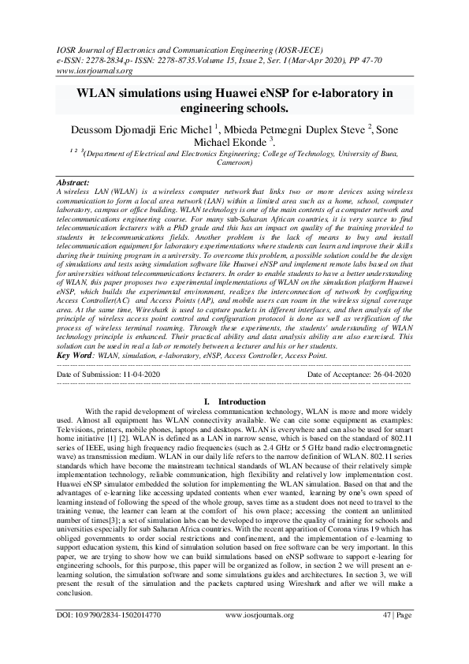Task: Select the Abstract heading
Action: pyautogui.click(x=74, y=182)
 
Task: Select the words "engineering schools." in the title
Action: pyautogui.click(x=234, y=108)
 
